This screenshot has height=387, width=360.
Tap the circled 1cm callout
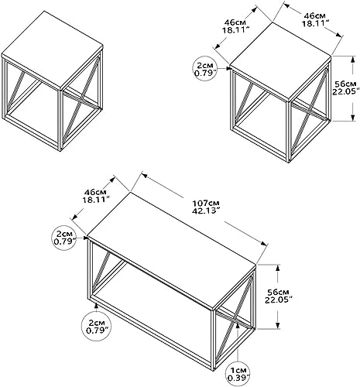click(238, 374)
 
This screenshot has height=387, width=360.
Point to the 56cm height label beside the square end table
click(346, 87)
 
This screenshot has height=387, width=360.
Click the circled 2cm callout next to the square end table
click(205, 69)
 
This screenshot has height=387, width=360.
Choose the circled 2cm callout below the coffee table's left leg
click(97, 326)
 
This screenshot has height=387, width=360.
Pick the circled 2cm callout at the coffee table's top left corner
click(65, 238)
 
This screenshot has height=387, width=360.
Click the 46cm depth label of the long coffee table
click(96, 196)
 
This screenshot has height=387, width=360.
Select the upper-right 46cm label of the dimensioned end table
click(315, 19)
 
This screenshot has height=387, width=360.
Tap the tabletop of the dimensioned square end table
click(280, 60)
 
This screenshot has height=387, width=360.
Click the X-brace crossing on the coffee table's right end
click(236, 320)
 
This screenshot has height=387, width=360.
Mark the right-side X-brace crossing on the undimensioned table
click(83, 99)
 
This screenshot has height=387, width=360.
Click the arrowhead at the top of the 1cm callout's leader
click(238, 324)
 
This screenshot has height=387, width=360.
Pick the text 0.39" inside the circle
click(238, 378)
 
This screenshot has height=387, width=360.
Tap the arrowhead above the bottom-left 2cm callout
click(97, 306)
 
